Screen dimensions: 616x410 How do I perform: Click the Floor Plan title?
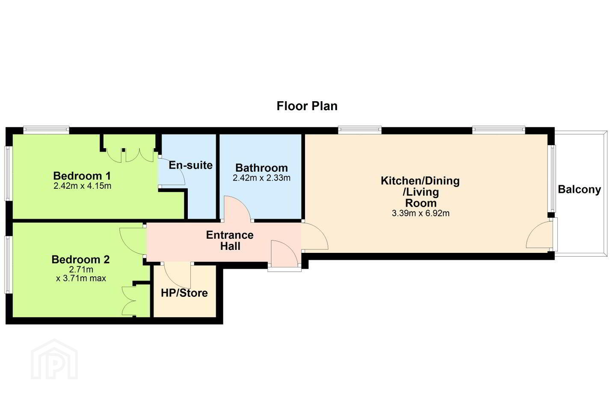click(307, 106)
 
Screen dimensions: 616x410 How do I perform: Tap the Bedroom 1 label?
click(82, 176)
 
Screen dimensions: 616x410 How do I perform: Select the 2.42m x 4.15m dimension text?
click(82, 186)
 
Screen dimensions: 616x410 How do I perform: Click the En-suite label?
click(191, 165)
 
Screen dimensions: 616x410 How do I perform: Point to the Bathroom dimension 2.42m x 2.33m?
click(261, 178)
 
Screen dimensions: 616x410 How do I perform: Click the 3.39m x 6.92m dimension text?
click(421, 213)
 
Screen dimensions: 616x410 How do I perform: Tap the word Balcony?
click(579, 190)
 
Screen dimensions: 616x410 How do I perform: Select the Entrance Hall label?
click(230, 240)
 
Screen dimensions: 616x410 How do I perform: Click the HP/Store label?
click(184, 293)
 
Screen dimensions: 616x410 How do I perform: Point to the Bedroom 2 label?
click(80, 260)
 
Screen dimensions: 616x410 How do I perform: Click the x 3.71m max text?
click(81, 278)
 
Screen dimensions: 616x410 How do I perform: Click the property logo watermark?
click(54, 360)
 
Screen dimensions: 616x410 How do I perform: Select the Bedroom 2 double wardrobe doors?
click(129, 301)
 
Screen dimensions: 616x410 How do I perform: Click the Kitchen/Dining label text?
click(420, 181)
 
